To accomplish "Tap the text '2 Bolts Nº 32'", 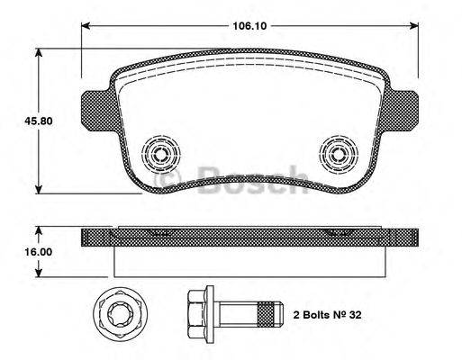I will (327, 317).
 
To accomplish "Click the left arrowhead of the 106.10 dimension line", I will (87, 26).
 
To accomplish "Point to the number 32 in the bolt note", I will (355, 317).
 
